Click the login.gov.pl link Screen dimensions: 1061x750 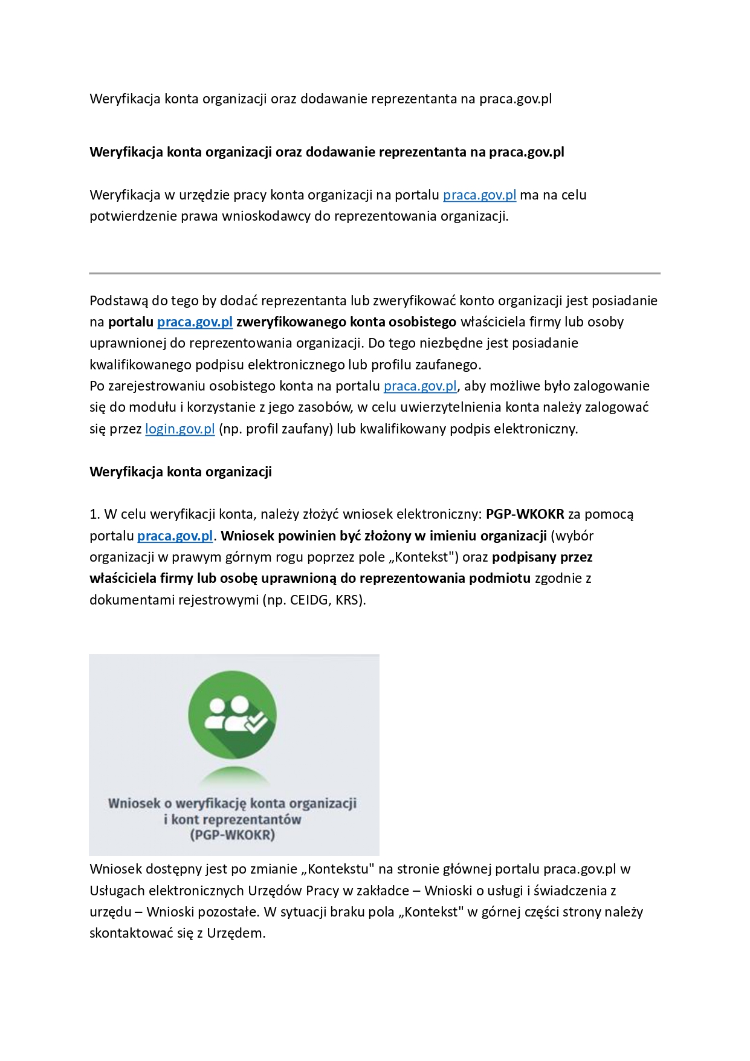tap(180, 429)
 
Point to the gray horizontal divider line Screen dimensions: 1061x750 tap(375, 273)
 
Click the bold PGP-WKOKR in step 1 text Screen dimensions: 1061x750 tap(525, 514)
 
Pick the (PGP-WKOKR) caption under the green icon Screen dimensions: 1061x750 tap(233, 835)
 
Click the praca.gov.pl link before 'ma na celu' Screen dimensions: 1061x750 tap(479, 195)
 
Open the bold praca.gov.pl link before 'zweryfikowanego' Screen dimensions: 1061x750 tap(195, 322)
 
